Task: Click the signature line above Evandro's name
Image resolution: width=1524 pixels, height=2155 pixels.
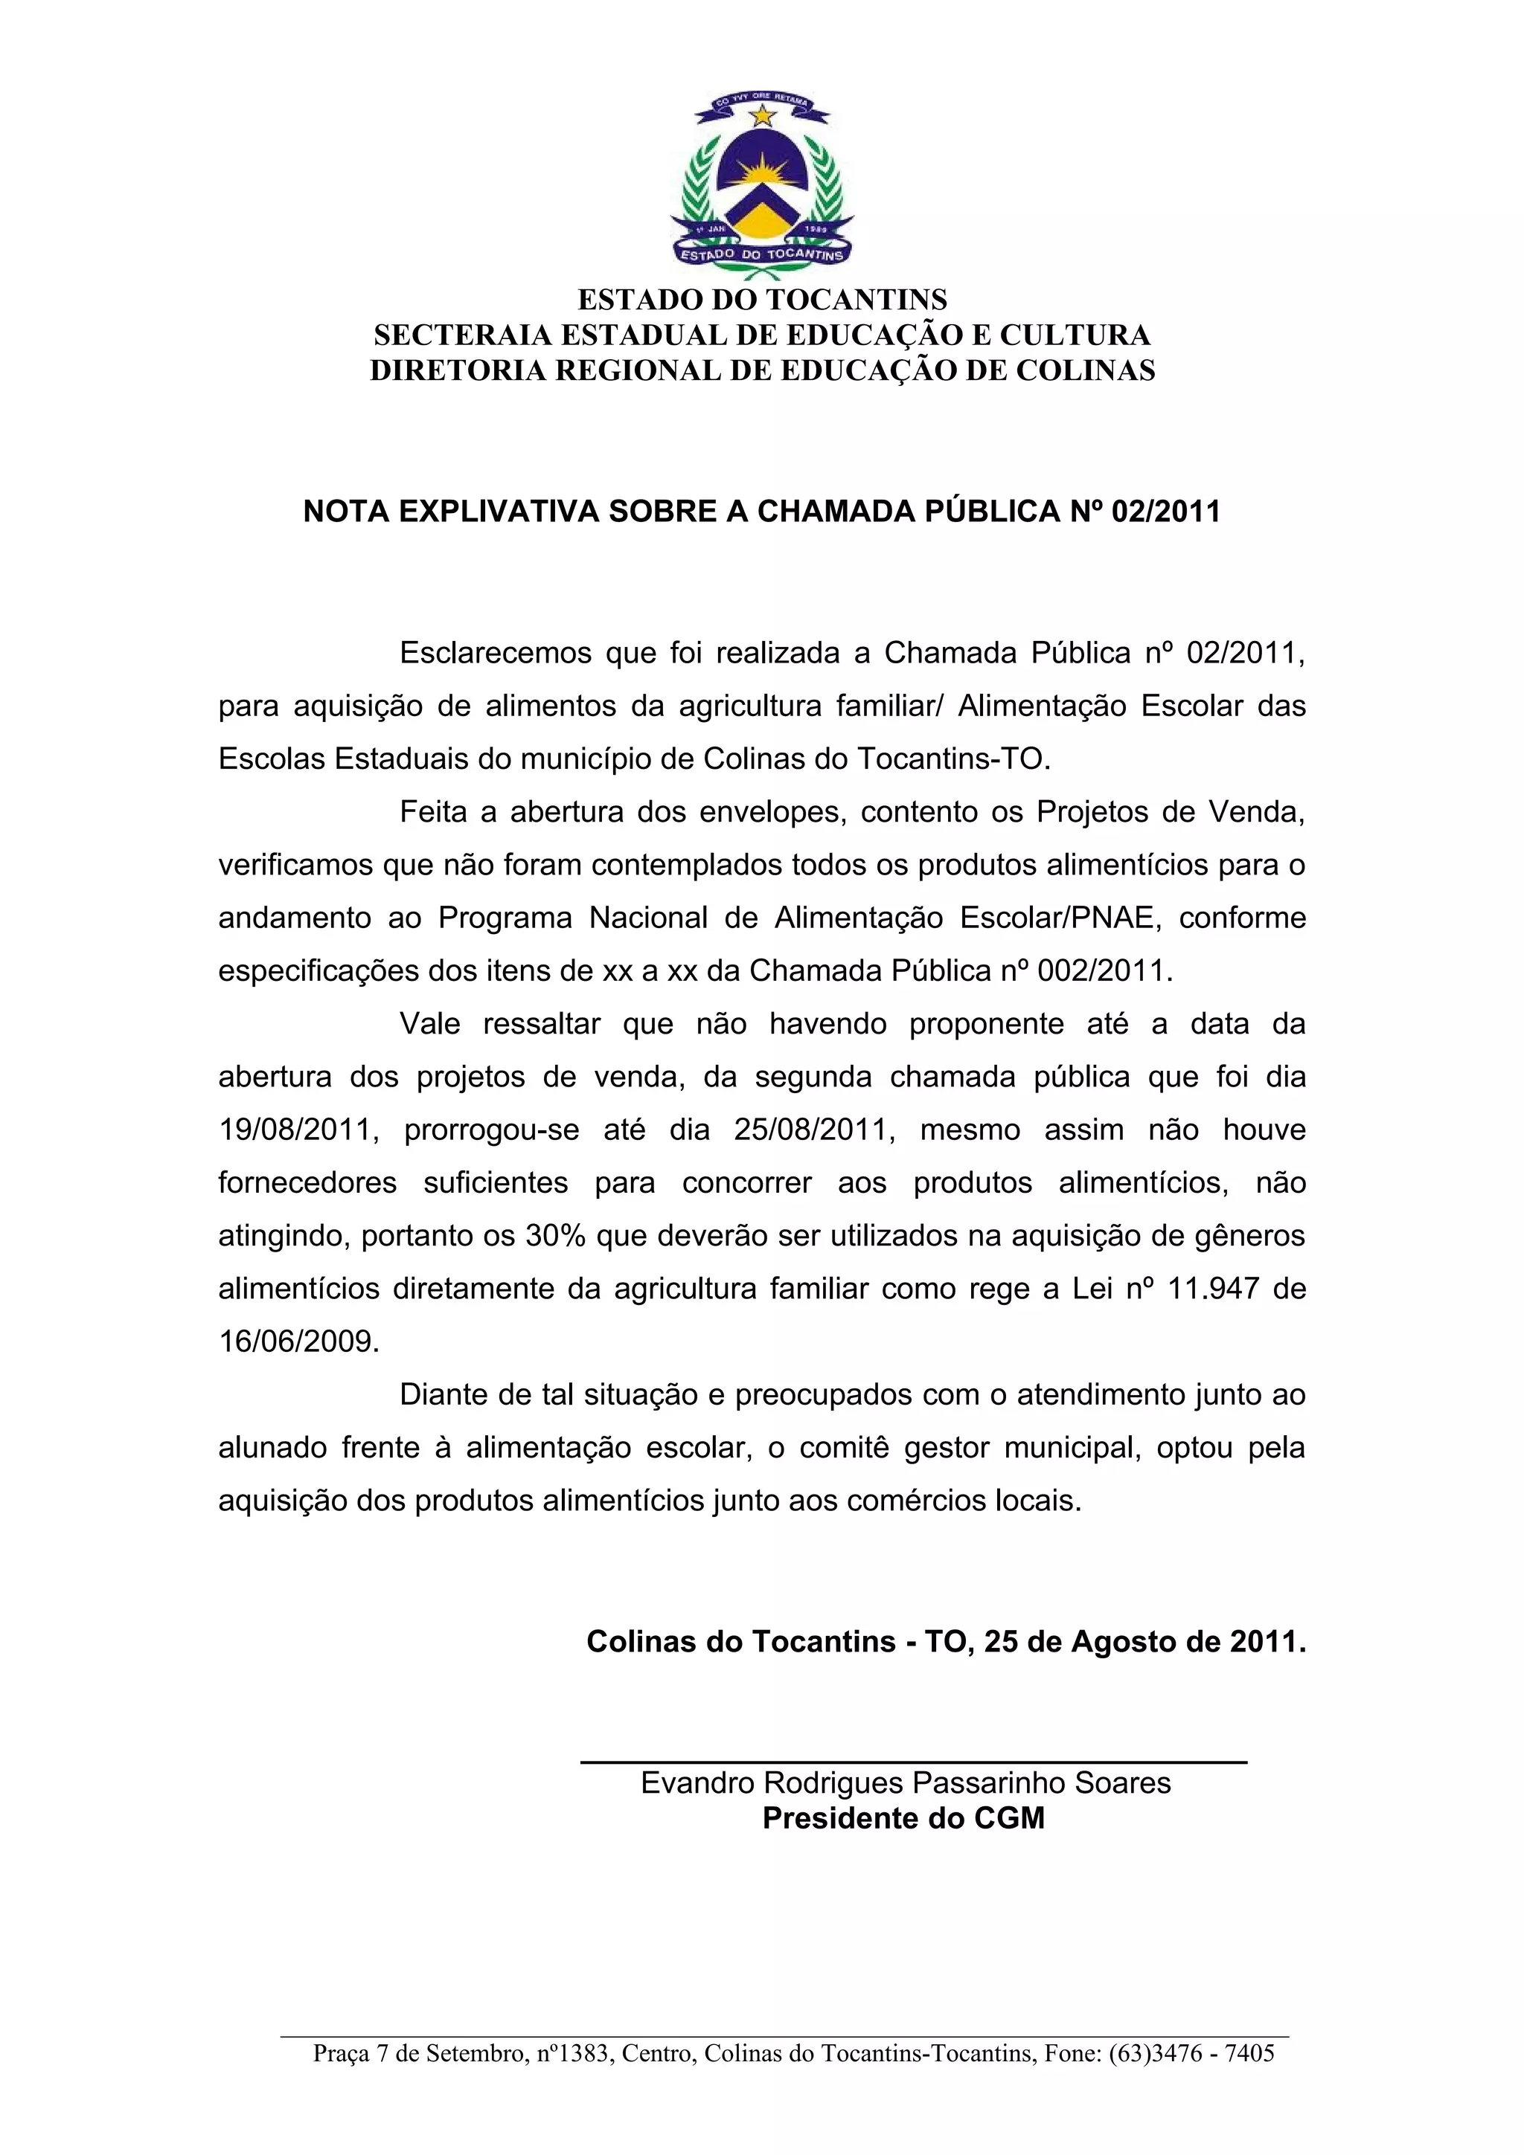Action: (913, 1762)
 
